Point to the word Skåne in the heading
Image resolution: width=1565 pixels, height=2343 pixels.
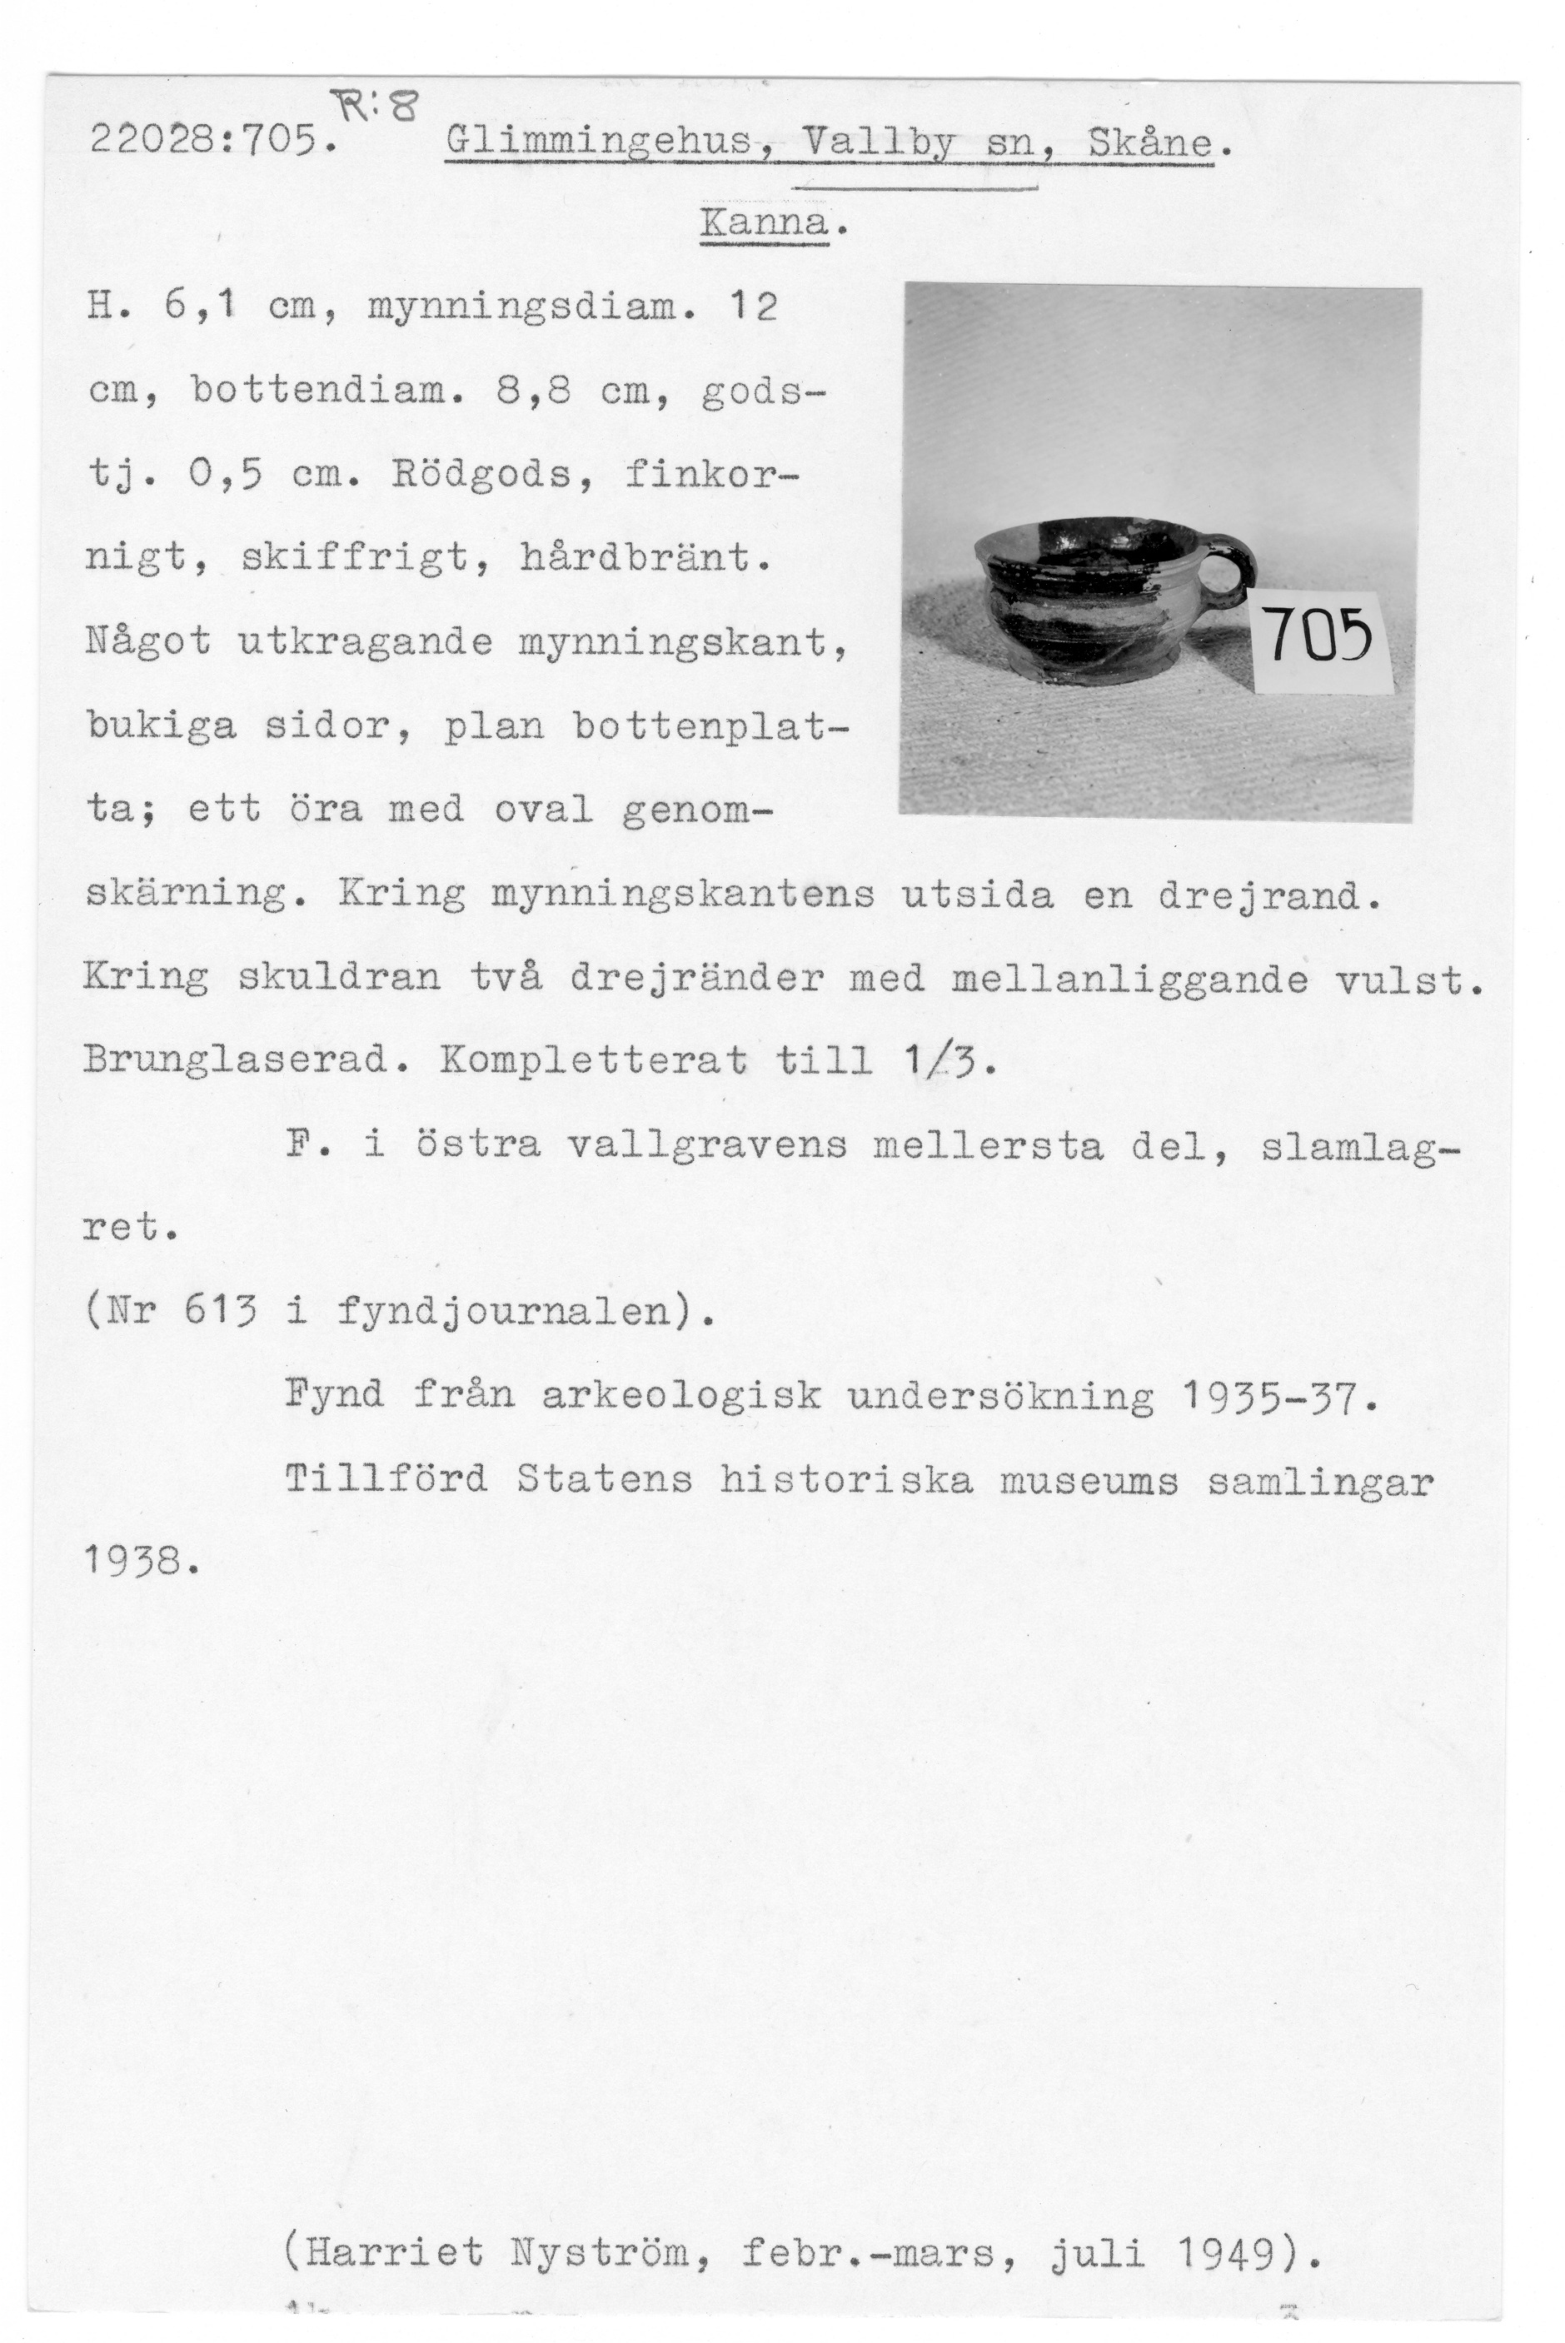(1151, 142)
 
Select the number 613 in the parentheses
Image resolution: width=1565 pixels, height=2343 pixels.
(222, 1310)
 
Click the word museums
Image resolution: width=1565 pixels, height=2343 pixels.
(1089, 1480)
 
